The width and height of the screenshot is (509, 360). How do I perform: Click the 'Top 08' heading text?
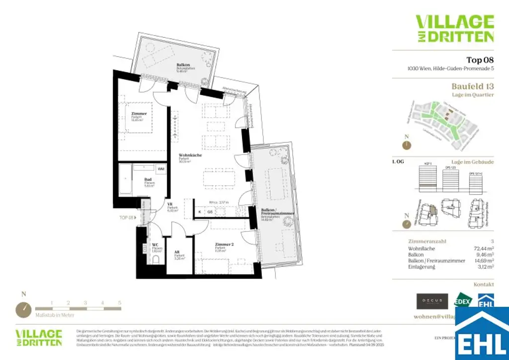[x=480, y=60]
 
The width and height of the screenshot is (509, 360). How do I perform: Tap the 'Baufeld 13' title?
[x=472, y=86]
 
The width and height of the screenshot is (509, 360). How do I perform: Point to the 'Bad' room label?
[x=148, y=180]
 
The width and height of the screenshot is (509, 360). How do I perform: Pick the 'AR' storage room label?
[x=177, y=252]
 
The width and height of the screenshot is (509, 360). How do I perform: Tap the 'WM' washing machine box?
[x=161, y=170]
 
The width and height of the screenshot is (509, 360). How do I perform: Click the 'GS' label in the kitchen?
[x=210, y=212]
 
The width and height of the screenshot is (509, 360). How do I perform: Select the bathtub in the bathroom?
[x=124, y=180]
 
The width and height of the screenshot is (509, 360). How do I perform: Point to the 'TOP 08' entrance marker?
[x=127, y=217]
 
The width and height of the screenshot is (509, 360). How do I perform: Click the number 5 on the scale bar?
[x=119, y=302]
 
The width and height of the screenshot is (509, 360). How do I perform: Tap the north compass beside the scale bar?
[x=23, y=309]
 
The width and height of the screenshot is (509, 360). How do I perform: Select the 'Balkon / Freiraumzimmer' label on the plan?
[x=278, y=212]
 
